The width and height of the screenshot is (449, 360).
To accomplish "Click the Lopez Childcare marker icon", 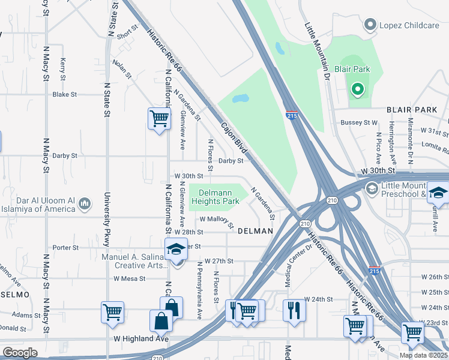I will click(x=370, y=25).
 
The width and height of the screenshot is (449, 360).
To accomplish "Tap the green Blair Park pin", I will click(x=358, y=91).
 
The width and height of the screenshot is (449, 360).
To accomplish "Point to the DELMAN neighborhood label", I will click(x=255, y=231).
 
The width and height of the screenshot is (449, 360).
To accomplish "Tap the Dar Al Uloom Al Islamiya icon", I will click(x=85, y=205).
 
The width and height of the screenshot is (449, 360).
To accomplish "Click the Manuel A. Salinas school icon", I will click(x=175, y=249).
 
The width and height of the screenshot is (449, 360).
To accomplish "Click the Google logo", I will click(x=20, y=352).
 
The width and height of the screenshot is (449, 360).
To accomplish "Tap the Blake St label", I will click(x=65, y=95).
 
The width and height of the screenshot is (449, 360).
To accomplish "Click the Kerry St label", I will click(x=62, y=68).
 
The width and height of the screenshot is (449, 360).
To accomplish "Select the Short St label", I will click(x=128, y=36).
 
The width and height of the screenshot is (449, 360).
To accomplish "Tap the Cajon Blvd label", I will click(x=234, y=137).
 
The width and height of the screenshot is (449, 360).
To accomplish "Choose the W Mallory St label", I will click(x=217, y=222).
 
